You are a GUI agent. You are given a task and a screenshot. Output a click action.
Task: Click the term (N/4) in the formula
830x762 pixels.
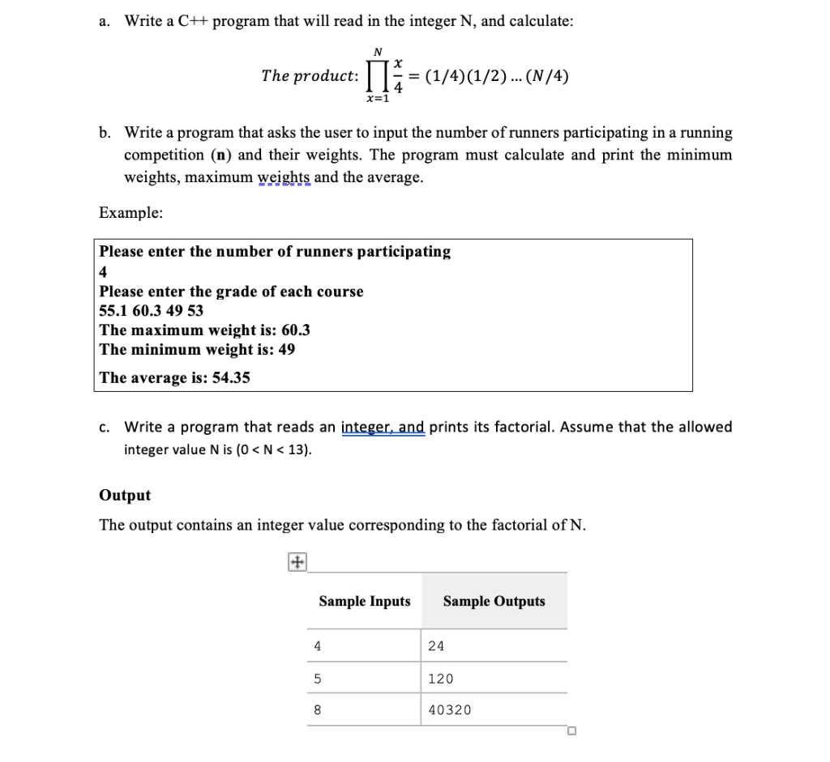[x=547, y=77]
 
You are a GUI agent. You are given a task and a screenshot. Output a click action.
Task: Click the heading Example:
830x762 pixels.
[x=130, y=213]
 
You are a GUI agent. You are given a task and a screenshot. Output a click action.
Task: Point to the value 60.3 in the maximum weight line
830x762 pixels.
[x=295, y=330]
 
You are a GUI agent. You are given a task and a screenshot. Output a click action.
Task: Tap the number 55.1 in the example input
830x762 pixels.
[x=113, y=311]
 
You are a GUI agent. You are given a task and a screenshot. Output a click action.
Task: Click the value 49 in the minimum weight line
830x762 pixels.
[x=286, y=350]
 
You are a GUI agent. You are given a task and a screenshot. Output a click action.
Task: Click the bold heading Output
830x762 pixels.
[x=124, y=495]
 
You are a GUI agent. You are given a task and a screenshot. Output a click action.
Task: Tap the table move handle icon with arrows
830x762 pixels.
[x=296, y=561]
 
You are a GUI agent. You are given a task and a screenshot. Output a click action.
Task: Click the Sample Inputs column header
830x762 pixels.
[x=364, y=601]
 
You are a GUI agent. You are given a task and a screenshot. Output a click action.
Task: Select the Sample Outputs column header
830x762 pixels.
[x=494, y=601]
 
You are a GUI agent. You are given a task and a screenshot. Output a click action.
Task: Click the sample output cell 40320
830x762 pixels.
[x=449, y=710]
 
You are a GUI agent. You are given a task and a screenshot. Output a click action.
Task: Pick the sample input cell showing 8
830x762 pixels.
[x=318, y=710]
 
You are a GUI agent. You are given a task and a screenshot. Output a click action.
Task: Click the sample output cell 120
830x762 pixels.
[x=441, y=679]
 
